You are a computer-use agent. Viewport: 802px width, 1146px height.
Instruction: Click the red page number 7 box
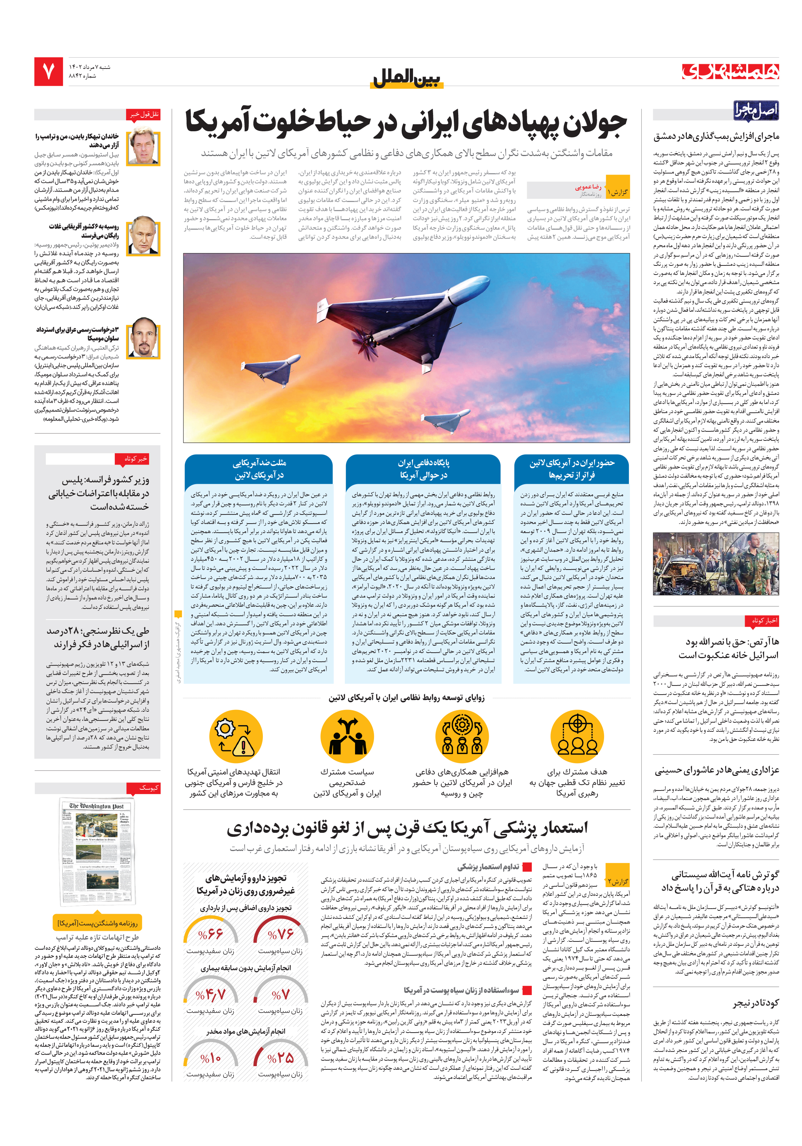pyautogui.click(x=48, y=71)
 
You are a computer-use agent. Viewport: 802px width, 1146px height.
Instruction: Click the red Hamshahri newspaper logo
pyautogui.click(x=730, y=71)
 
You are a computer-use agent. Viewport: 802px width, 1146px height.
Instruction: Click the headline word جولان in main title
pyautogui.click(x=595, y=123)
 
